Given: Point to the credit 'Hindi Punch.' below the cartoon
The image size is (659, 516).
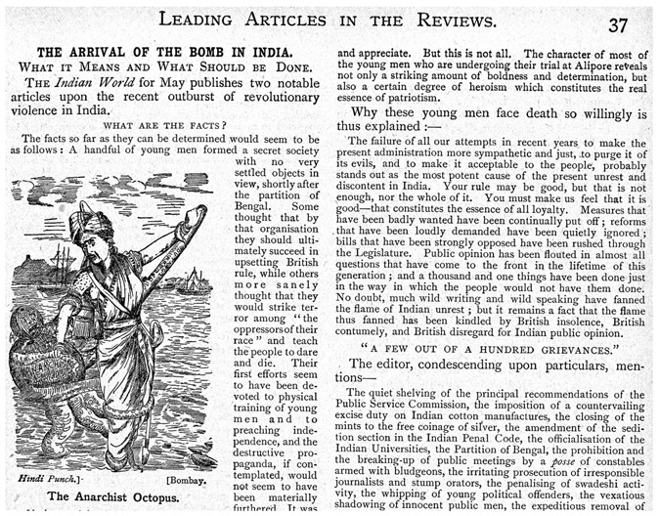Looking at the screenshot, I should pos(49,480).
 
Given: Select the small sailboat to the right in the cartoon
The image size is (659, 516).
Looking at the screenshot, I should pos(195,283).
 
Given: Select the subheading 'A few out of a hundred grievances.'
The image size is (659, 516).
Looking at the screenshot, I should pos(470,344).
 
